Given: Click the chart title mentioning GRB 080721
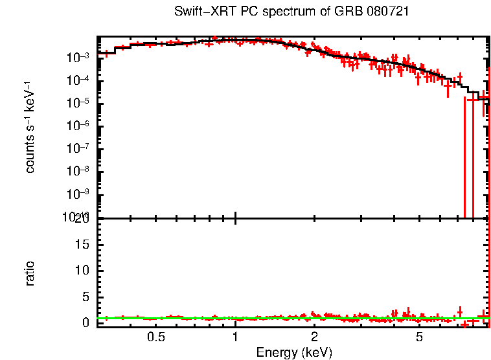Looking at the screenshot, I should [291, 12].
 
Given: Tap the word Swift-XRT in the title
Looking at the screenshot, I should [200, 12].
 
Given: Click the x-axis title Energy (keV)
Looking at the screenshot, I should [294, 352].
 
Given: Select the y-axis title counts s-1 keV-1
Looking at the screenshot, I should [30, 127].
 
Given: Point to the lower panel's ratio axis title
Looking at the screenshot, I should [30, 273].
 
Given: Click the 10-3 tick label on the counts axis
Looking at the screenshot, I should [79, 58].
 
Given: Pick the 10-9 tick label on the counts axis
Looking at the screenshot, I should [79, 194].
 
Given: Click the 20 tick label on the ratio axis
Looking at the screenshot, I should [82, 219].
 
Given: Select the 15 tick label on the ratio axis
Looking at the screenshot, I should [82, 244].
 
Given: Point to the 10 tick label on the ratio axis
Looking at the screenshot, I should [82, 270].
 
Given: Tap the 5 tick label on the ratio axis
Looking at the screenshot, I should [86, 297].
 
